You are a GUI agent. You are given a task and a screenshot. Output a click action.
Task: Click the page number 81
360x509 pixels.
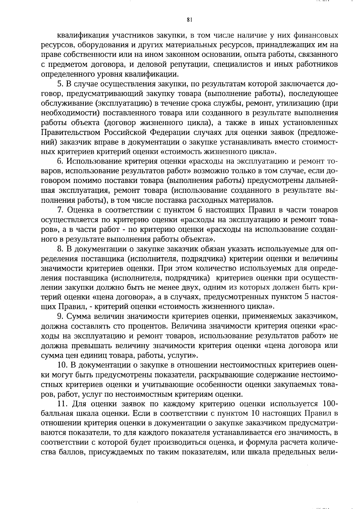pos(189,20)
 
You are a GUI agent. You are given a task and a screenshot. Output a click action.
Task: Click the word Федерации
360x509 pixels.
pos(167,132)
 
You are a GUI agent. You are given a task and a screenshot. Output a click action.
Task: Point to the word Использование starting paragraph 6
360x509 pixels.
pos(96,162)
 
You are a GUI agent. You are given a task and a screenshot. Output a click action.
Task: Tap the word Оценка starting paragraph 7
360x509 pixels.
pos(79,210)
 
